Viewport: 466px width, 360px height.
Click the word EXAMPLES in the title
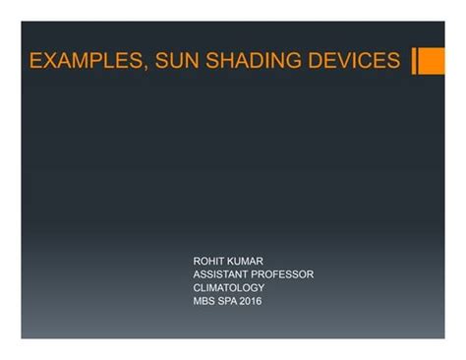(x=86, y=61)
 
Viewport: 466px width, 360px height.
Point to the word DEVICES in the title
(x=353, y=61)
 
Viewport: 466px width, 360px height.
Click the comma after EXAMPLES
(x=146, y=67)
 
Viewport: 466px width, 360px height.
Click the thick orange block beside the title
(x=432, y=61)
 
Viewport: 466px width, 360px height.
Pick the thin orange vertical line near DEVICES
(x=415, y=61)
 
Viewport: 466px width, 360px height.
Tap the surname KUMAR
(x=246, y=261)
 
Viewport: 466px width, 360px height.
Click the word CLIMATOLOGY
(x=229, y=288)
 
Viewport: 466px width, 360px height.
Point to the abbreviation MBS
(x=204, y=301)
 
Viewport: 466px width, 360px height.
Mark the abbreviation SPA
(x=229, y=301)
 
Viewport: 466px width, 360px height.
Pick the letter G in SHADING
(x=294, y=61)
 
